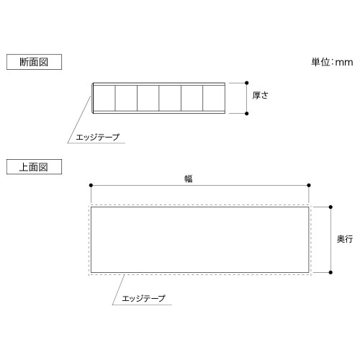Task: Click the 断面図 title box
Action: click(34, 62)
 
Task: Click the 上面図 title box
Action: click(34, 167)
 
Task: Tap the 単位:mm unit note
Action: click(332, 62)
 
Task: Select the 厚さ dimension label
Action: click(260, 95)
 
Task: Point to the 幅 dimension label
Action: click(189, 179)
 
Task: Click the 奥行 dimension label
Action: click(345, 239)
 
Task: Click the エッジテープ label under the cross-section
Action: click(97, 137)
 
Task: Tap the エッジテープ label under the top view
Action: click(143, 298)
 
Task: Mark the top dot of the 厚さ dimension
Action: click(247, 83)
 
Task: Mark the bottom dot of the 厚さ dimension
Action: click(247, 113)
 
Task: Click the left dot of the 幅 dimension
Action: click(91, 185)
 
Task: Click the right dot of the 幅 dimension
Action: click(309, 185)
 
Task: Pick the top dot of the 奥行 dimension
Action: click(330, 207)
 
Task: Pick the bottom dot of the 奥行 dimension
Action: click(330, 272)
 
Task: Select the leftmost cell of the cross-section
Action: click(104, 98)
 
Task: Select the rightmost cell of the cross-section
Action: click(214, 98)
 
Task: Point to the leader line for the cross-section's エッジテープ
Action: click(79, 120)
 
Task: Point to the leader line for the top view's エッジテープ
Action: click(118, 290)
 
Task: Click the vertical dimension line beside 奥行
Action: click(330, 240)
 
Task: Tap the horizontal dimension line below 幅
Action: click(199, 185)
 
